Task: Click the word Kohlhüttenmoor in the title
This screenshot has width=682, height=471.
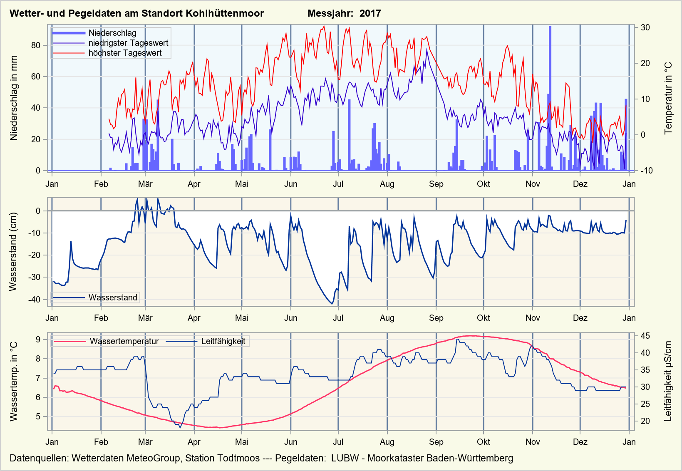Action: pos(225,13)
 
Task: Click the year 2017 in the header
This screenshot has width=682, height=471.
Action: pos(370,13)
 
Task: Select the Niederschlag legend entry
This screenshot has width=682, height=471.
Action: pos(112,33)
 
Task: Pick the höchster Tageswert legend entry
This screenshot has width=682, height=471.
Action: pos(125,53)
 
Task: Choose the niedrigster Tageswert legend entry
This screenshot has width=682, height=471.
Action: pos(128,43)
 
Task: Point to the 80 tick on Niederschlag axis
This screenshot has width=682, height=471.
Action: pos(36,45)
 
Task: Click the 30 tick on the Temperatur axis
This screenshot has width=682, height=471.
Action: pos(645,27)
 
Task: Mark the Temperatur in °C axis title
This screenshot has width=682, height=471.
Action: pos(668,98)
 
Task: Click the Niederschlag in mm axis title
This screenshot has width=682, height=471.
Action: pos(14,98)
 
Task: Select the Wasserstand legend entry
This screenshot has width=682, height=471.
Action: pos(112,297)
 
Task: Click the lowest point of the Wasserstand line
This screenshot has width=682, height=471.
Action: pos(332,304)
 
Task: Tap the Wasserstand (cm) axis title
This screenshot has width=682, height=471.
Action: pos(14,252)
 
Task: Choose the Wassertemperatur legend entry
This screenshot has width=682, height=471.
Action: pos(124,342)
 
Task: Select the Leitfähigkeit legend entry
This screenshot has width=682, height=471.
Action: pos(223,342)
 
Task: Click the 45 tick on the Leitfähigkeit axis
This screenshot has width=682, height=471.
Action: pos(645,336)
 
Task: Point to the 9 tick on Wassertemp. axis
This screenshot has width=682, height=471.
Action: pos(38,340)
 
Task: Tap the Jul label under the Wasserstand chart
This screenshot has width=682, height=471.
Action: pos(338,318)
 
